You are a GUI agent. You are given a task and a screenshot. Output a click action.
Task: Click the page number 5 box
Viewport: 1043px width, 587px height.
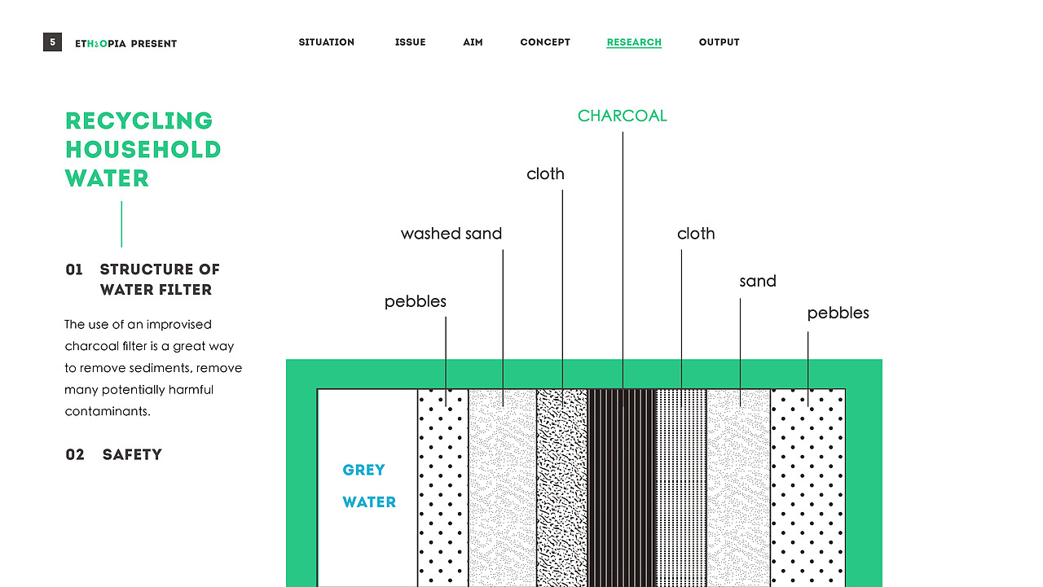pyautogui.click(x=53, y=42)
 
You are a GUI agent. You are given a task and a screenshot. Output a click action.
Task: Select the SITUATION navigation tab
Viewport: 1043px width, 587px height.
pyautogui.click(x=327, y=42)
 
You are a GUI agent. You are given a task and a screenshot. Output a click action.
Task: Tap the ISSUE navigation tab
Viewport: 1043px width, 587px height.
pyautogui.click(x=410, y=42)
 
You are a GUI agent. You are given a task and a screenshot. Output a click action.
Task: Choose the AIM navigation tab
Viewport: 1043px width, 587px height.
pyautogui.click(x=473, y=42)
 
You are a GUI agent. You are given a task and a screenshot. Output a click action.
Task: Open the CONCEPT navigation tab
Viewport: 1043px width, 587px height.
pyautogui.click(x=545, y=42)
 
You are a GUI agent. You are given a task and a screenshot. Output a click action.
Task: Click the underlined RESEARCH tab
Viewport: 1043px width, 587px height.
pyautogui.click(x=634, y=42)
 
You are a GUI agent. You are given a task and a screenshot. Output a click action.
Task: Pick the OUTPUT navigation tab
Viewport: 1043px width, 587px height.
pyautogui.click(x=720, y=42)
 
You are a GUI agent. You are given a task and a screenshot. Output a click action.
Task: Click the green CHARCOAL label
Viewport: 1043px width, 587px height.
pyautogui.click(x=622, y=116)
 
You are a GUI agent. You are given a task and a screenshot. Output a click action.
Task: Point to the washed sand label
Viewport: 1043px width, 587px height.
pyautogui.click(x=451, y=234)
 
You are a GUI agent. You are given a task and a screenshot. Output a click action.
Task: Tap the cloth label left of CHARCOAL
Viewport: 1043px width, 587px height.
pyautogui.click(x=545, y=174)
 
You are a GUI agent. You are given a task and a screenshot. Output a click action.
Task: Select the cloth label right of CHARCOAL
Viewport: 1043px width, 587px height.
pyautogui.click(x=696, y=234)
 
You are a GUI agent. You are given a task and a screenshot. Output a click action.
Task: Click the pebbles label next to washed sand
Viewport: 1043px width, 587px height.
pyautogui.click(x=416, y=302)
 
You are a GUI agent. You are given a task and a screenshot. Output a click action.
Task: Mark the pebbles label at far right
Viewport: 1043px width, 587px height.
pyautogui.click(x=838, y=313)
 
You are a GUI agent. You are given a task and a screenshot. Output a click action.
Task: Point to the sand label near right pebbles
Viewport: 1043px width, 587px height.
pyautogui.click(x=758, y=282)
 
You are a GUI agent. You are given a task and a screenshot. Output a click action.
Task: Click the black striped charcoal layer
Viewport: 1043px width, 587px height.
pyautogui.click(x=622, y=488)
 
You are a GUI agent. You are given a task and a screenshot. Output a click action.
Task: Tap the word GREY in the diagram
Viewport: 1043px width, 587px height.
pyautogui.click(x=363, y=470)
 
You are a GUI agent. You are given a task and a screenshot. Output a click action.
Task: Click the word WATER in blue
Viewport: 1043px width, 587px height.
pyautogui.click(x=369, y=502)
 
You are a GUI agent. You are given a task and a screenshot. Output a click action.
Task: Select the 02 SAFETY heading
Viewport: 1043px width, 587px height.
pyautogui.click(x=113, y=454)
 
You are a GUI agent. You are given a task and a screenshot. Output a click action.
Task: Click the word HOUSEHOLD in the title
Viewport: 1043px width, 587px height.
pyautogui.click(x=143, y=150)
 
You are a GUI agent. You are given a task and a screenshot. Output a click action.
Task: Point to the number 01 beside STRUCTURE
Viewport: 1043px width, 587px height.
pyautogui.click(x=74, y=269)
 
